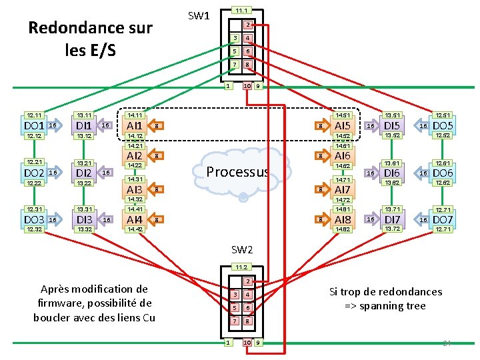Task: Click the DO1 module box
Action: pyautogui.click(x=33, y=125)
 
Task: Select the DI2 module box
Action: pyautogui.click(x=84, y=173)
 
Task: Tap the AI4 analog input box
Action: pyautogui.click(x=135, y=219)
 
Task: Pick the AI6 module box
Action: pyautogui.click(x=343, y=155)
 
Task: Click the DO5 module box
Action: pyautogui.click(x=443, y=125)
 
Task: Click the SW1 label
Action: pyautogui.click(x=199, y=15)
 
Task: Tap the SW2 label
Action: pyautogui.click(x=242, y=250)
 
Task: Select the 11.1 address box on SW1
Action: pyautogui.click(x=241, y=11)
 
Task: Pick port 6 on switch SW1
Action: pyautogui.click(x=247, y=51)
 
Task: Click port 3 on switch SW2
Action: pyautogui.click(x=235, y=295)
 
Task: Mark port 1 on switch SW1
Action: pyautogui.click(x=227, y=85)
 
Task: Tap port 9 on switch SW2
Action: pyautogui.click(x=258, y=343)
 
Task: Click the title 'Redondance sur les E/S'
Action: pyautogui.click(x=90, y=39)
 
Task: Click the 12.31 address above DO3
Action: pyautogui.click(x=33, y=209)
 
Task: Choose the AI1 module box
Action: pyautogui.click(x=135, y=125)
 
